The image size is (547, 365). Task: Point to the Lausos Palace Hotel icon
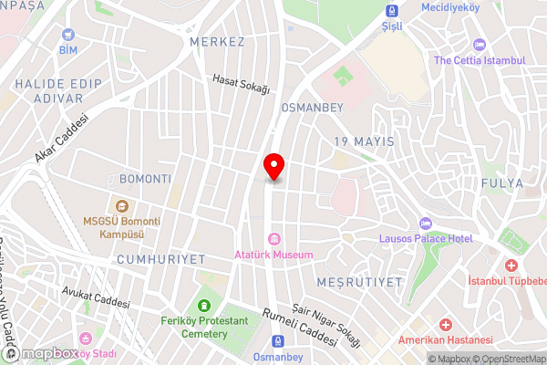click(x=424, y=224)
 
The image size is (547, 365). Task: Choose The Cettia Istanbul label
click(x=480, y=60)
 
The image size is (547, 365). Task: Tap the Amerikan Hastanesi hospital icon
click(x=445, y=325)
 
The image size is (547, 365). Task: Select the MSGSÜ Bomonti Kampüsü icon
click(x=120, y=204)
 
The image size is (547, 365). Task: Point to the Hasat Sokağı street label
click(x=242, y=84)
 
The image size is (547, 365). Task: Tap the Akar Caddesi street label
click(x=61, y=139)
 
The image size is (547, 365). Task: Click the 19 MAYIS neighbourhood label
click(x=364, y=141)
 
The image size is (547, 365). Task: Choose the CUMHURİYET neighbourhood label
click(x=161, y=259)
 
